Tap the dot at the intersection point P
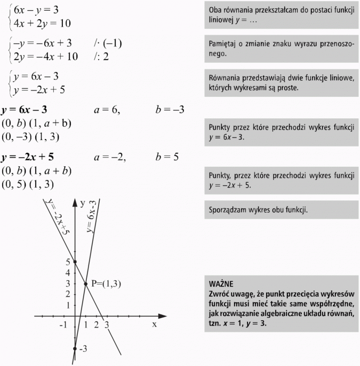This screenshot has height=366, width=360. click(x=85, y=283)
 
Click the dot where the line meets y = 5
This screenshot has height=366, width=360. click(x=75, y=262)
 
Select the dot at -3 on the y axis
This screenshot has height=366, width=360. click(x=75, y=349)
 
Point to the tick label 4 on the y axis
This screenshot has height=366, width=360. click(x=67, y=273)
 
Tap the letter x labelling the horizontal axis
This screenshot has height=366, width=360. click(x=155, y=324)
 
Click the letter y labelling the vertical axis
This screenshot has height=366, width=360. click(x=83, y=203)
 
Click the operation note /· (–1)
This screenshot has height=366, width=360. click(x=107, y=43)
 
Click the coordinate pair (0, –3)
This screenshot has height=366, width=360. click(x=17, y=137)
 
